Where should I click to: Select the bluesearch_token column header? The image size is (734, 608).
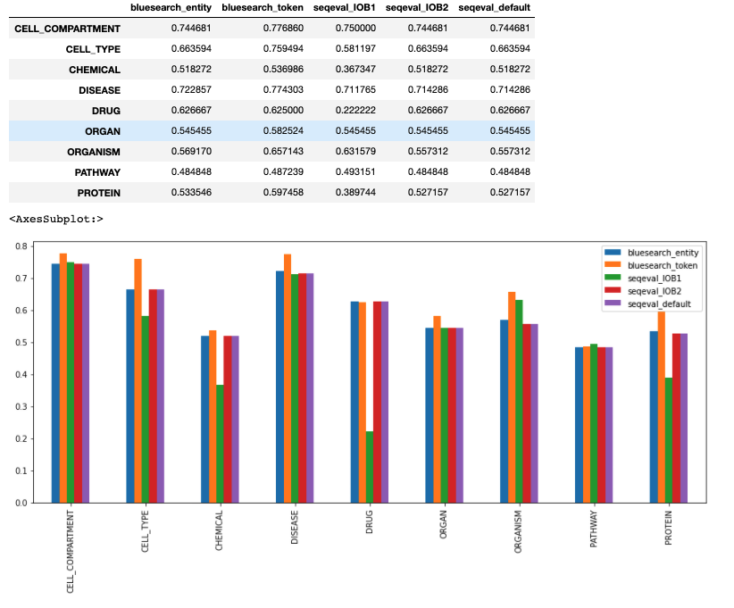coord(263,8)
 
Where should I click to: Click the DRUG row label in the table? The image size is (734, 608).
coord(105,110)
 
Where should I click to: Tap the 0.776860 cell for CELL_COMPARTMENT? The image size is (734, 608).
coord(276,29)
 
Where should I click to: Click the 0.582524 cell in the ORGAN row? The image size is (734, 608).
coord(276,130)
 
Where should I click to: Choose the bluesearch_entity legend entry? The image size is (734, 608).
coord(662,253)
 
